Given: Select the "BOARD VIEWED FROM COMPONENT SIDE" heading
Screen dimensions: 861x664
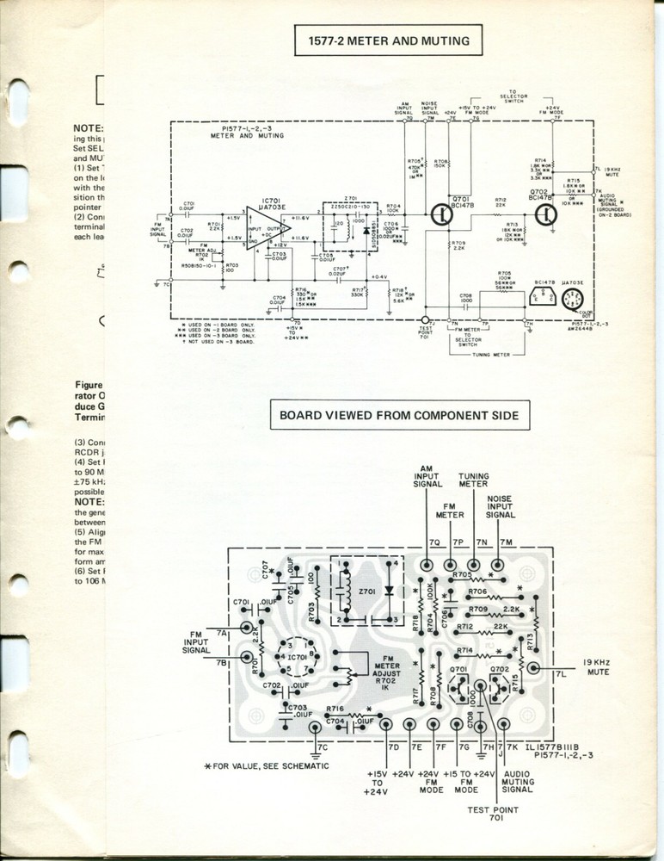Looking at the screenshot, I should pyautogui.click(x=398, y=415).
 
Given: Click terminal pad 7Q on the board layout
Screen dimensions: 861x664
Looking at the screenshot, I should pyautogui.click(x=427, y=564).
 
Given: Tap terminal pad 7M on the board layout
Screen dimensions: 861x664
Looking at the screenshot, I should pyautogui.click(x=498, y=564).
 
